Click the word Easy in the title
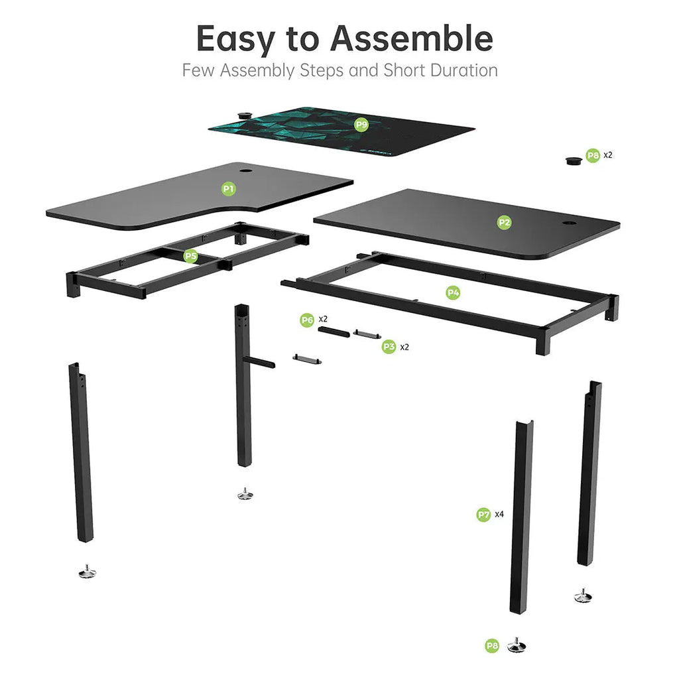pyautogui.click(x=236, y=39)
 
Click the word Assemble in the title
pyautogui.click(x=412, y=39)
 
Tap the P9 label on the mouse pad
pyautogui.click(x=361, y=124)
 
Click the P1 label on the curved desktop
pyautogui.click(x=228, y=189)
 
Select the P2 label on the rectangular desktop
pyautogui.click(x=504, y=223)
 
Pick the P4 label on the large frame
pyautogui.click(x=453, y=292)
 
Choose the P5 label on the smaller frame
pyautogui.click(x=191, y=255)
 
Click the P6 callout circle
pyautogui.click(x=307, y=320)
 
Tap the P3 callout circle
pyautogui.click(x=389, y=346)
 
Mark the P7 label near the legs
pyautogui.click(x=484, y=514)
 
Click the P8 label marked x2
pyautogui.click(x=593, y=156)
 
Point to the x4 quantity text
pyautogui.click(x=499, y=514)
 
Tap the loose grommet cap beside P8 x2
pyautogui.click(x=573, y=160)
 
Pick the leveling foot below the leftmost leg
pyautogui.click(x=86, y=570)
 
